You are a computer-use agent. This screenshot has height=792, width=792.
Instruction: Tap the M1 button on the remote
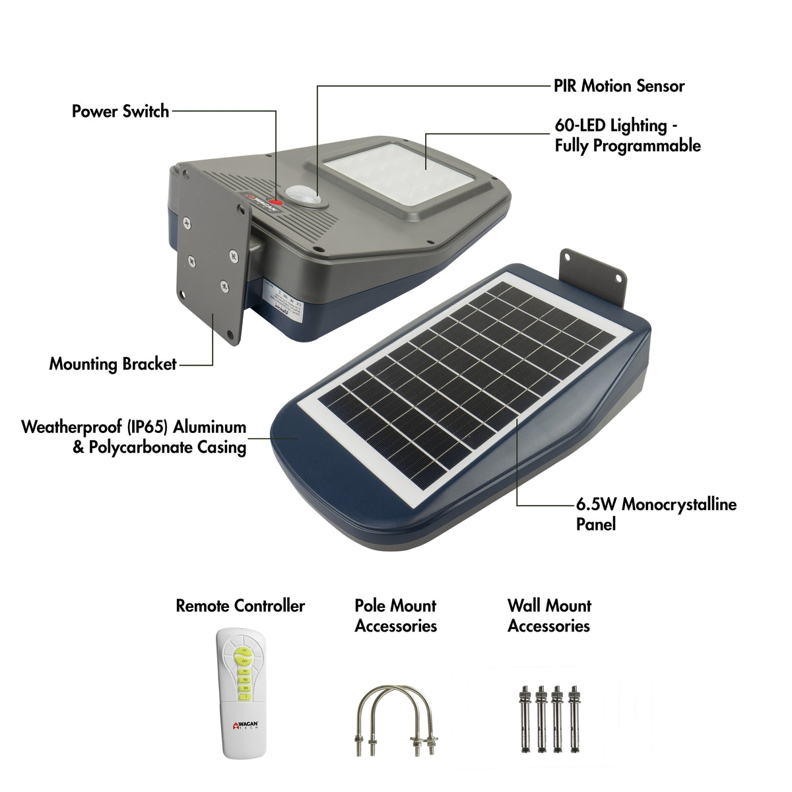click(x=245, y=671)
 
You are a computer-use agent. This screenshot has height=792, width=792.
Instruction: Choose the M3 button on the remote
click(x=245, y=688)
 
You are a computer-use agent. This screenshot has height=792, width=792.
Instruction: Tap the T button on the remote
click(x=245, y=696)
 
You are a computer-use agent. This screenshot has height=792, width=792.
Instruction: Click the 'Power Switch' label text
click(x=121, y=111)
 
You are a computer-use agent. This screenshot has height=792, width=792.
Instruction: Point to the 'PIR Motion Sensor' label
click(x=619, y=86)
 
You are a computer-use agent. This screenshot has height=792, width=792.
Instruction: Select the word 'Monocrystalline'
click(x=679, y=505)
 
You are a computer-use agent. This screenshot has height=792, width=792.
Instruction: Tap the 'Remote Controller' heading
click(x=240, y=606)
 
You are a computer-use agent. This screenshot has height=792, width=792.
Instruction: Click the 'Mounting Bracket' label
click(x=113, y=364)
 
